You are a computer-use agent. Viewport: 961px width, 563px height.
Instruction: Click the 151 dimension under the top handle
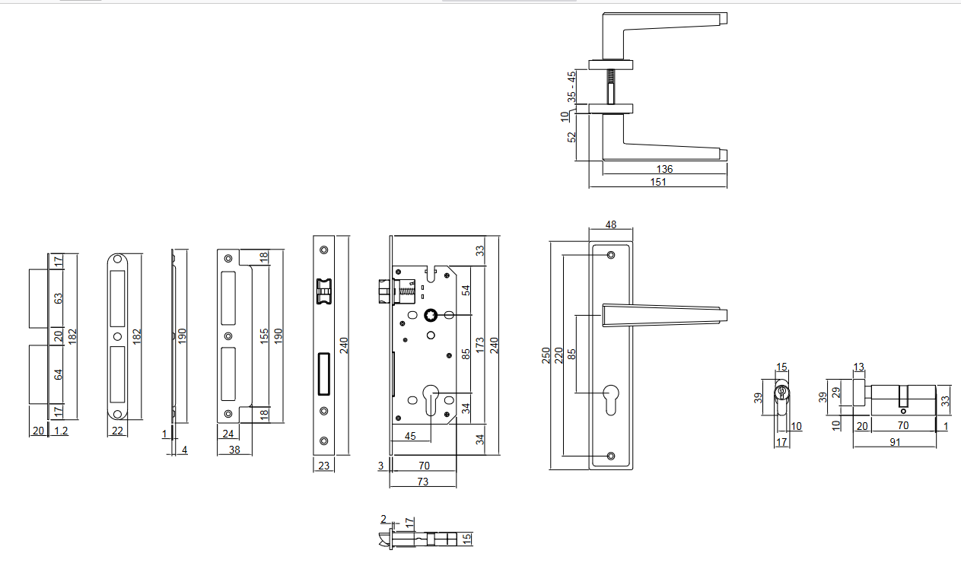659,182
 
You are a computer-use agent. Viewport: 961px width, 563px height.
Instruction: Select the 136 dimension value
664,169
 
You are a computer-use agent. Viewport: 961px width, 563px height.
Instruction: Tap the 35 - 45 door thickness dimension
571,87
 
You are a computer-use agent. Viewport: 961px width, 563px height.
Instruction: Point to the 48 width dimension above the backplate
610,224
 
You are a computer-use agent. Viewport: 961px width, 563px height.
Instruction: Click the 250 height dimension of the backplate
546,355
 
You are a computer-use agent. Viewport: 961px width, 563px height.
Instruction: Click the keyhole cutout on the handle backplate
610,398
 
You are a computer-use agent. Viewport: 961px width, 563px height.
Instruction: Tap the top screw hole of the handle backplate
610,256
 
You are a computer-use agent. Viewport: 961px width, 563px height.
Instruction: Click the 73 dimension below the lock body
422,482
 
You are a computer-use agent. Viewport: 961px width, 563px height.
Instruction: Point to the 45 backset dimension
410,436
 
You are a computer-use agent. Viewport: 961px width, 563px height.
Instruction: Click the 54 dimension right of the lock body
466,290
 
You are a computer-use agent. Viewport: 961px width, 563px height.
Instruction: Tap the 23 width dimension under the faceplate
324,466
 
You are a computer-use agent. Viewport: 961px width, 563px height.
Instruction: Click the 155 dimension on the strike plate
264,336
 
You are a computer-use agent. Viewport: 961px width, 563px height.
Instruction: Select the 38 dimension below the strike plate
235,450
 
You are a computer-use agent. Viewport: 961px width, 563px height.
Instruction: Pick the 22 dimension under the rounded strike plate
117,431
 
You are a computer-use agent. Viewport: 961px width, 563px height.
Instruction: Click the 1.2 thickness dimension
62,431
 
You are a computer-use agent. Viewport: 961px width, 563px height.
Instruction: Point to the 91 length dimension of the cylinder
895,441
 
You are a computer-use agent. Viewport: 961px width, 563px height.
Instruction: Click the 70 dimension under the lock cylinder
903,425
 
